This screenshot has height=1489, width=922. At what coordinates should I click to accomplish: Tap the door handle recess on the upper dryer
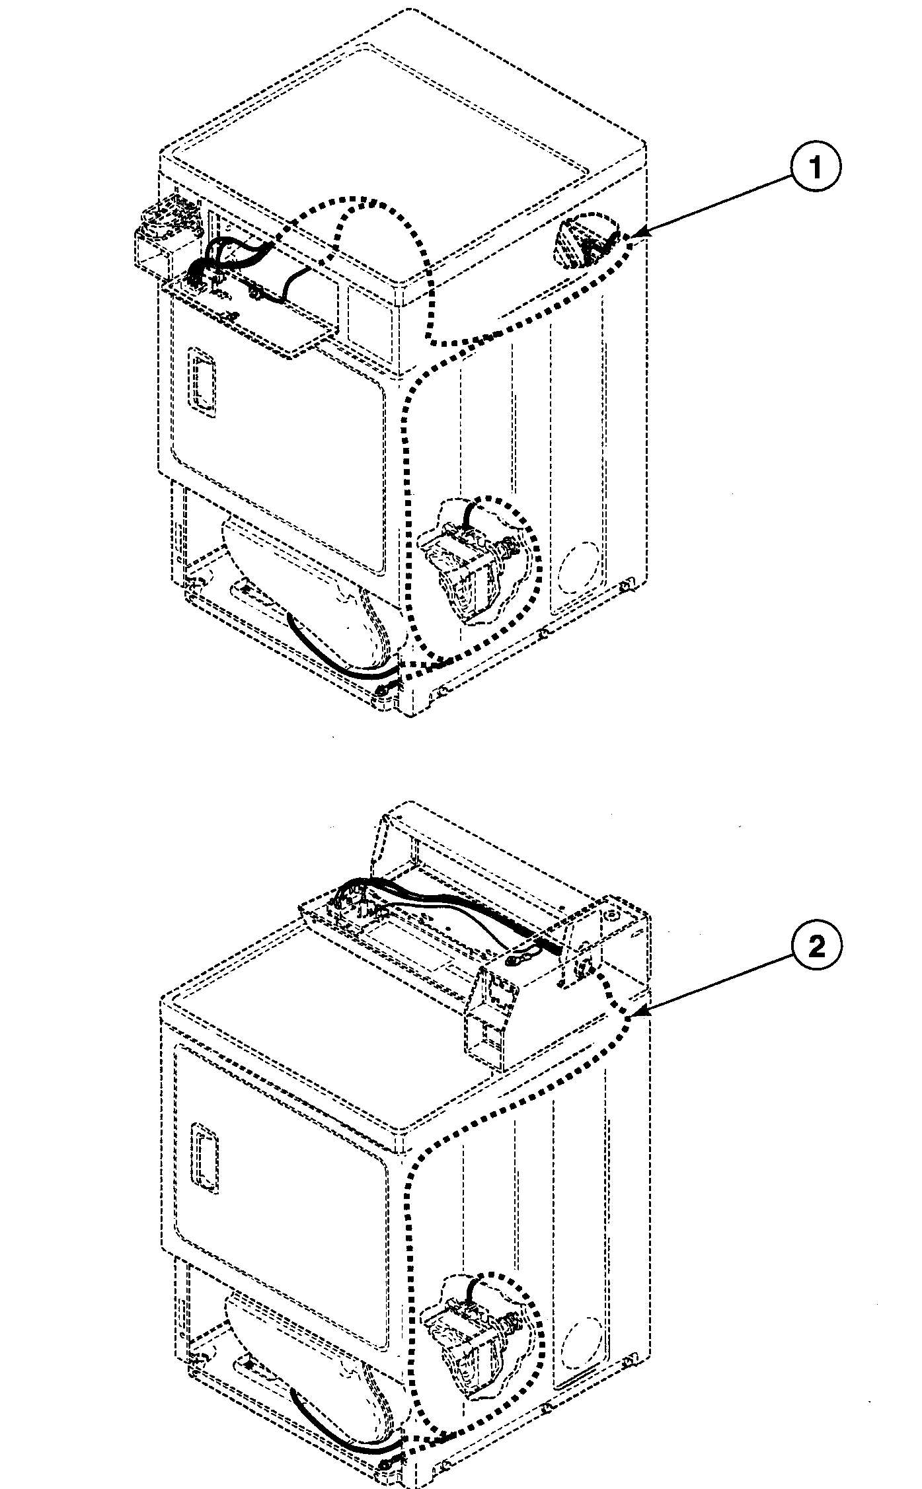click(x=201, y=379)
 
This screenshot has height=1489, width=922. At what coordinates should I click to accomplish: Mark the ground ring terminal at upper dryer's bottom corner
click(x=381, y=691)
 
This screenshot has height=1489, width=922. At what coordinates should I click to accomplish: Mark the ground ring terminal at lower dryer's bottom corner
click(x=385, y=1474)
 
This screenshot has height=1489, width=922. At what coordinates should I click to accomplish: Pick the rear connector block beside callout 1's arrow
click(x=582, y=244)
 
